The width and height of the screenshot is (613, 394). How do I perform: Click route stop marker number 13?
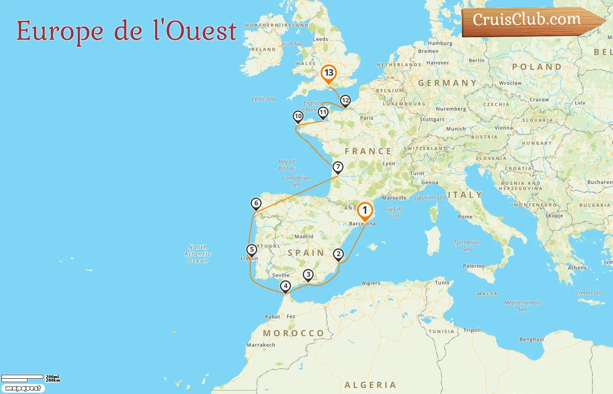pos(328,73)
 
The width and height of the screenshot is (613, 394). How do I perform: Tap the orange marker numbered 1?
pos(365,211)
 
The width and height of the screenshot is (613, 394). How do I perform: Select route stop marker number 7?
pos(338,167)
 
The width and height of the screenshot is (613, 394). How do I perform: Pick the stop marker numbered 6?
pos(256,203)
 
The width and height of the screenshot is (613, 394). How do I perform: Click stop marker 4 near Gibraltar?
pos(285,286)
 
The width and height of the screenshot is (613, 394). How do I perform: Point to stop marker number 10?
pos(298,116)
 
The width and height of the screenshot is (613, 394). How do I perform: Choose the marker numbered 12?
pos(345,101)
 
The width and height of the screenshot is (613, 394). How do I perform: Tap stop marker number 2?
pos(338,254)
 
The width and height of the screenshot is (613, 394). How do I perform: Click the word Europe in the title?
pos(60,32)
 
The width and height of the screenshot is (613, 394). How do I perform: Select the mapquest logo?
pos(23,388)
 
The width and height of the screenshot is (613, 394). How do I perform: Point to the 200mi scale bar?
pos(22,377)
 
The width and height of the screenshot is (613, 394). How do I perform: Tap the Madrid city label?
pos(304,236)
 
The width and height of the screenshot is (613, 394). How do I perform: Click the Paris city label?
pos(366,118)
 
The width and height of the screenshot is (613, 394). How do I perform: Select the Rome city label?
pos(465,217)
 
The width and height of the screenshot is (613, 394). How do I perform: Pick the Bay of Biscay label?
pos(287,165)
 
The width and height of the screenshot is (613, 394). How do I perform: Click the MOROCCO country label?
pos(293,333)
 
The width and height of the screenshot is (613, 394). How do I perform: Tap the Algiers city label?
pos(371,283)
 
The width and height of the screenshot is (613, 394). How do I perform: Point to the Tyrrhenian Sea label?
pos(467,246)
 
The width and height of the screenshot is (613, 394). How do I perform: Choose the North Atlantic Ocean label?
pos(198,254)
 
